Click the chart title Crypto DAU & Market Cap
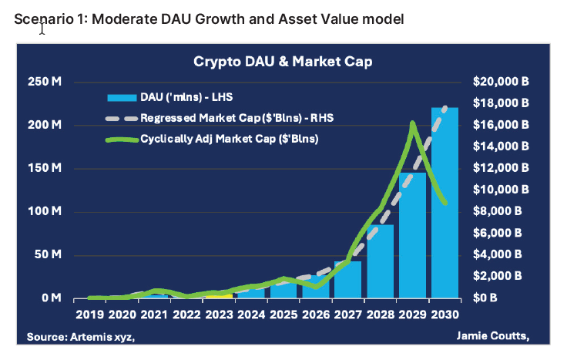point(283,61)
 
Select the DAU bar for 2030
point(445,204)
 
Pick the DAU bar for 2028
point(381,262)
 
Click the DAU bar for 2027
point(348,281)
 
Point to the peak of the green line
point(413,123)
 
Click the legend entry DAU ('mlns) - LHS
point(186,98)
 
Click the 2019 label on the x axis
point(90,315)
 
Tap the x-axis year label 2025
point(283,315)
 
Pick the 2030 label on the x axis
point(445,315)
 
